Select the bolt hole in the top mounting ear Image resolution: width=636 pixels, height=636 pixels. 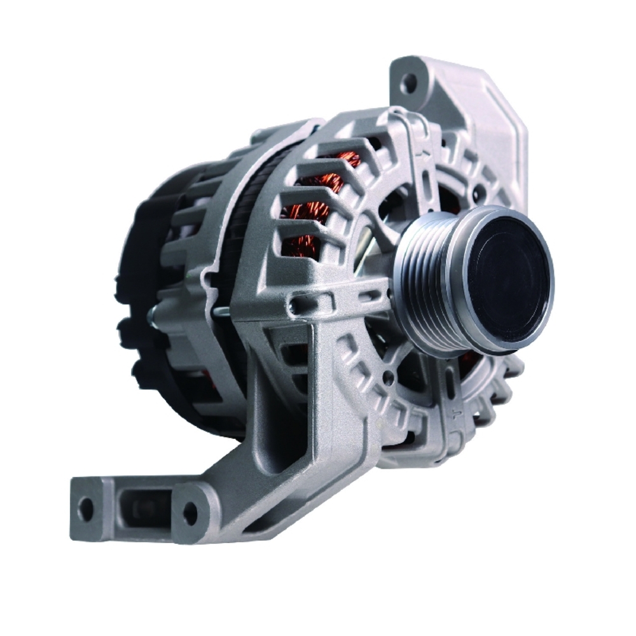[x=408, y=81]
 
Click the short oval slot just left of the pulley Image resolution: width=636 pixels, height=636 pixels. [x=371, y=293]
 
